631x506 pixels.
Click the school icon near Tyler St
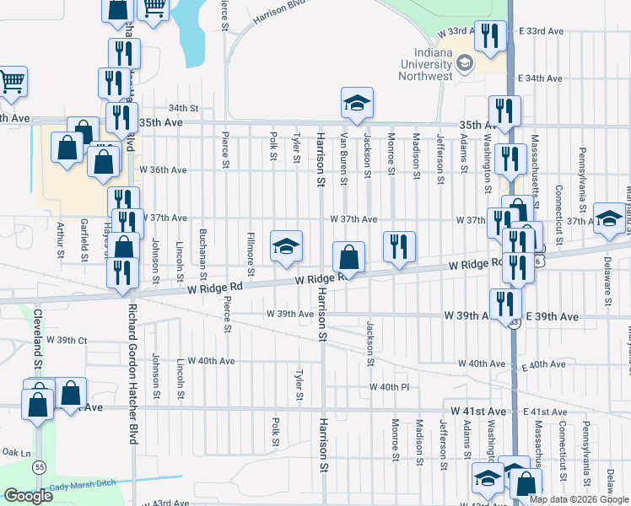286,245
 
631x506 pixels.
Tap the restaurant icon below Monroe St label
399,246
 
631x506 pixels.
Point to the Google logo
29,496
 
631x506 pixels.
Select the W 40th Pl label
388,387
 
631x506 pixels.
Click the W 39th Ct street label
67,340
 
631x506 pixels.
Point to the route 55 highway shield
39,465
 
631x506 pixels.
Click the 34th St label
182,108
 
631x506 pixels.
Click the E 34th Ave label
544,78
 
